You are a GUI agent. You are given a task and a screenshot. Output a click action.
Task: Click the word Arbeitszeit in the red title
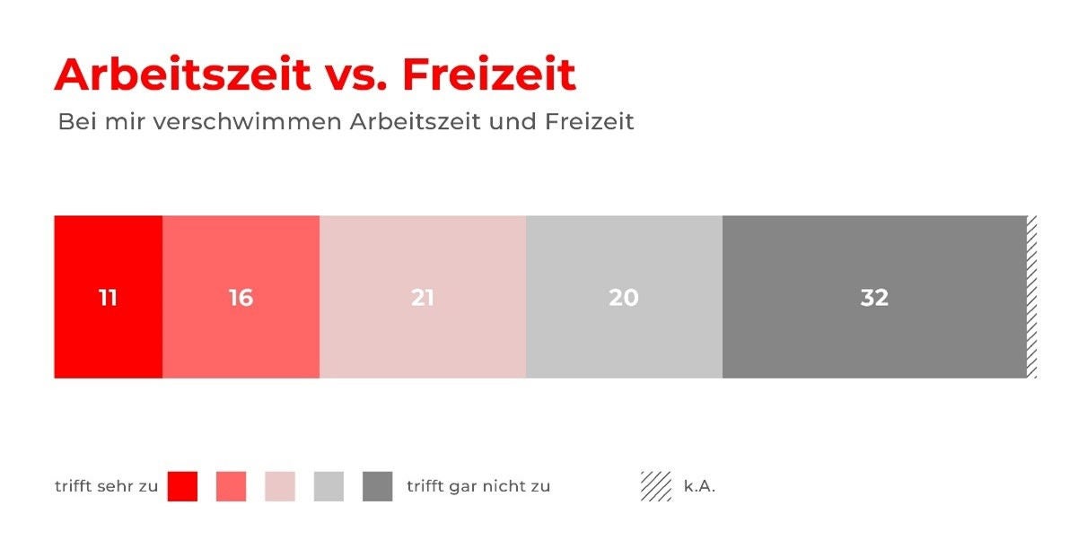click(183, 74)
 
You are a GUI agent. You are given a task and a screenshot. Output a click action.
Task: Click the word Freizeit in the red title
click(489, 74)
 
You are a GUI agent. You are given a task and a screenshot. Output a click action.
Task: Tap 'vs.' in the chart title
click(356, 78)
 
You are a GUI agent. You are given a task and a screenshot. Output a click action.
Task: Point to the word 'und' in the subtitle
click(513, 122)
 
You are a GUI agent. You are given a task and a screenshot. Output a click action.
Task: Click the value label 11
click(108, 298)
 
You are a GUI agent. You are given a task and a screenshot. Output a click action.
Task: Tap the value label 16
click(241, 298)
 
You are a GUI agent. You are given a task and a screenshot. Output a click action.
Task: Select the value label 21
click(423, 298)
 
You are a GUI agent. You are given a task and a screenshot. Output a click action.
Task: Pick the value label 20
click(624, 298)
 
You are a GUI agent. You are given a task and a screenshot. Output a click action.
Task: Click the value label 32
click(874, 298)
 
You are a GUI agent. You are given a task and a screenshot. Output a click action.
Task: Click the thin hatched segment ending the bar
click(1032, 297)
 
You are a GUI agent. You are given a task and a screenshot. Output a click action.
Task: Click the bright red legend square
click(182, 486)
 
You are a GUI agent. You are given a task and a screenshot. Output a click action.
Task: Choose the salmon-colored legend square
click(231, 486)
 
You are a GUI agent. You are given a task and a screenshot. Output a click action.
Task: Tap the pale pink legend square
click(280, 486)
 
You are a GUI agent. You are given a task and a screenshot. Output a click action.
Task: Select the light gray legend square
click(329, 486)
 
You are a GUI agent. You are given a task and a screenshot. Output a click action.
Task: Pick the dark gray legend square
click(377, 486)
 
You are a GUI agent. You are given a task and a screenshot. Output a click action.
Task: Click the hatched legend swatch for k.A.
click(656, 486)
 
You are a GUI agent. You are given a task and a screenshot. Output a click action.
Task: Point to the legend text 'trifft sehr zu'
click(106, 486)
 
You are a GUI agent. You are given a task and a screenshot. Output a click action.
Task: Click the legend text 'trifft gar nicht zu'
click(478, 486)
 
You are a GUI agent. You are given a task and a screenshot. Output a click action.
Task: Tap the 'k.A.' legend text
click(699, 486)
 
